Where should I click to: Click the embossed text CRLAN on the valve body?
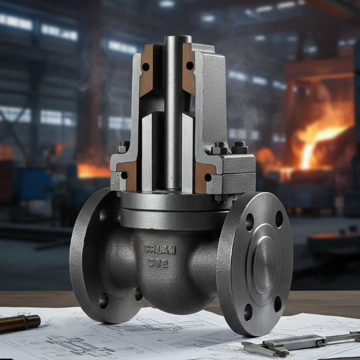click(160, 249)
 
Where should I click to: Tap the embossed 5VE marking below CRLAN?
click(158, 264)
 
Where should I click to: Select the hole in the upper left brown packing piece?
click(145, 67)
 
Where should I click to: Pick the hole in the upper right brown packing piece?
click(189, 66)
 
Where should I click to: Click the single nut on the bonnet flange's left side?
click(124, 147)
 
